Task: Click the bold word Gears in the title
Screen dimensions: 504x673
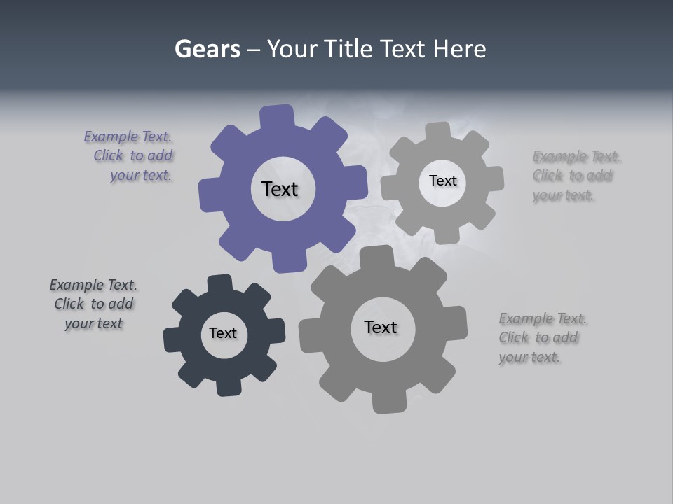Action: tap(207, 49)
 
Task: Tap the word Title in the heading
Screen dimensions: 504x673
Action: tap(348, 49)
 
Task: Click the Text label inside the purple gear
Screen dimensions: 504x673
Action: tap(280, 189)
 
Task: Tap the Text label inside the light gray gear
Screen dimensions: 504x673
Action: tap(442, 181)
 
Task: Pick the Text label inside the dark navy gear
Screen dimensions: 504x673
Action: tap(223, 333)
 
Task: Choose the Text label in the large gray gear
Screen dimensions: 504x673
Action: tap(381, 327)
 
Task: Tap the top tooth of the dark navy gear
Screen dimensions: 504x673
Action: tap(220, 283)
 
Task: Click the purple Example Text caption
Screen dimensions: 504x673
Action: tap(130, 156)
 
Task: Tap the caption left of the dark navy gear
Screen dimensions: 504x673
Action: tap(93, 304)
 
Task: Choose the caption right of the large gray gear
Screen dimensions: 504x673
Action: tap(542, 338)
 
